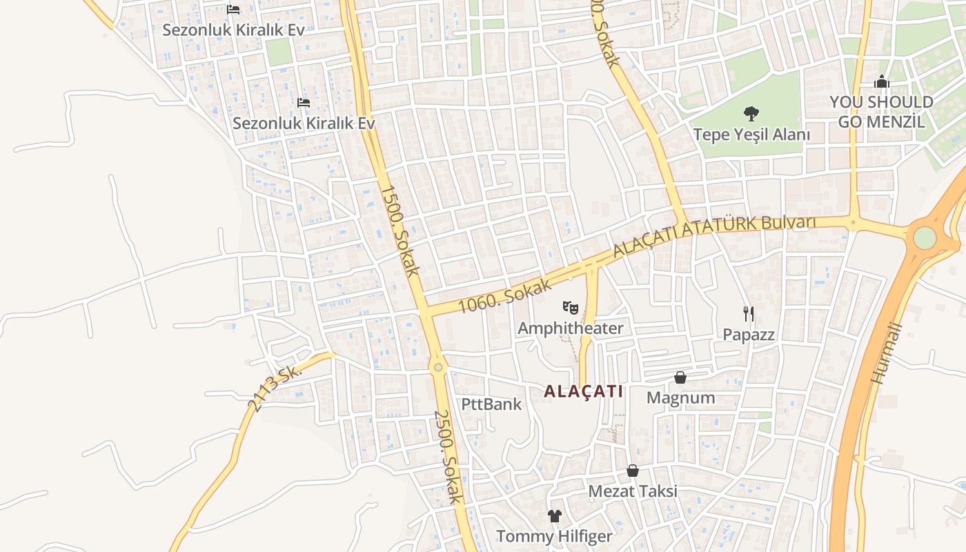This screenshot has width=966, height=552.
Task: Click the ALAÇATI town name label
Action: [x=583, y=391]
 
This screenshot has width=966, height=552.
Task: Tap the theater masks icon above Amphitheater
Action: [x=570, y=307]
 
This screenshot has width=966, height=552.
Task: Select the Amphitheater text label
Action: [x=570, y=328]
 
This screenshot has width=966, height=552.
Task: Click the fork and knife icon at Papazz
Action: [x=749, y=314]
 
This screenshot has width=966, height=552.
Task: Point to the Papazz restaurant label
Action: [x=749, y=335]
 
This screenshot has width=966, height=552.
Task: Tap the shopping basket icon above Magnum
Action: [x=680, y=377]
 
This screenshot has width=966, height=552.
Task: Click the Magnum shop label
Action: [x=680, y=398]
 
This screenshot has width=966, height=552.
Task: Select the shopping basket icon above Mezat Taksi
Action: [x=633, y=471]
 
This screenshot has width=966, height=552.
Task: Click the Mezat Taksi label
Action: [x=633, y=491]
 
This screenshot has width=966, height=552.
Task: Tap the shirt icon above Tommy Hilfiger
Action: [x=555, y=515]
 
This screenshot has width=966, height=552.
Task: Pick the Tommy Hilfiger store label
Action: [x=555, y=536]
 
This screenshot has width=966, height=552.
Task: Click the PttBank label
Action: [x=492, y=404]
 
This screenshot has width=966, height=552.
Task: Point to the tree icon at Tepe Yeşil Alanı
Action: [x=751, y=113]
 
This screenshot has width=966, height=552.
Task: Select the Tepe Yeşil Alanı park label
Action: [x=751, y=135]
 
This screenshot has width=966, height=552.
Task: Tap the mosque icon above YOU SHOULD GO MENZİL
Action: [x=882, y=82]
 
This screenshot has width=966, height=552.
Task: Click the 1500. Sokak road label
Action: [x=400, y=230]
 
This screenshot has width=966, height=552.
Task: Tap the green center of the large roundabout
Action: [x=925, y=238]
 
